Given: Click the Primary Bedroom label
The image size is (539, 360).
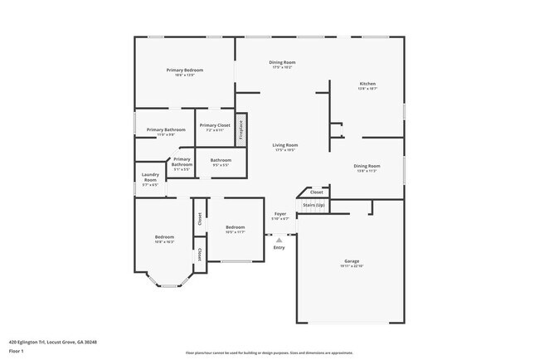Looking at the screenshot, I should (184, 71).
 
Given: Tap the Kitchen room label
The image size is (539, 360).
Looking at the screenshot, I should (367, 84).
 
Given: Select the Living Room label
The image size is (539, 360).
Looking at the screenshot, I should (285, 145).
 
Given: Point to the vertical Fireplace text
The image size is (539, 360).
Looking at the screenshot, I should (241, 129).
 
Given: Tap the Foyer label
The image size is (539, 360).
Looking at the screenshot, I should (280, 214).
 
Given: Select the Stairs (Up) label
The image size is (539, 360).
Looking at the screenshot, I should (313, 204).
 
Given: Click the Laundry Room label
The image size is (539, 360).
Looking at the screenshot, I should (150, 177).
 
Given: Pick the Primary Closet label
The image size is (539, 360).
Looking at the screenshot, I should (215, 125).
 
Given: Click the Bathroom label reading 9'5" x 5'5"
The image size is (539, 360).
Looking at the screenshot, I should (221, 160).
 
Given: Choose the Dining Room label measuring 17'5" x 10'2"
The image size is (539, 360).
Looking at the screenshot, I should (282, 62).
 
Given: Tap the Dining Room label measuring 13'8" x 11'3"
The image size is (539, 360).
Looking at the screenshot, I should (367, 166).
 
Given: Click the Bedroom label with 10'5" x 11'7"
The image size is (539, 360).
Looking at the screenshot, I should (236, 227).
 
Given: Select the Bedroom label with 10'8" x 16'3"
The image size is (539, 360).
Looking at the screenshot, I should (164, 237).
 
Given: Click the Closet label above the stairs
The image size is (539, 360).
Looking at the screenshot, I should (317, 192).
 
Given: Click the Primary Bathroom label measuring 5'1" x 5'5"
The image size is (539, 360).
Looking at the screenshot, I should (182, 162).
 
